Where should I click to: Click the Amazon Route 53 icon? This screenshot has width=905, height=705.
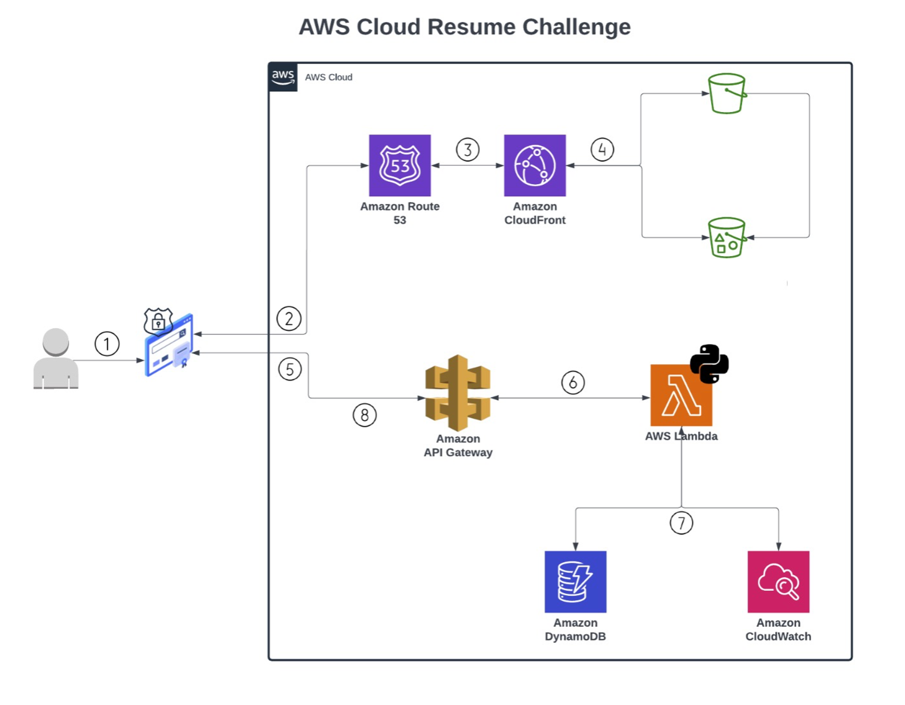point(400,165)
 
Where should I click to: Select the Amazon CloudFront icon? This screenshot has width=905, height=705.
point(534,165)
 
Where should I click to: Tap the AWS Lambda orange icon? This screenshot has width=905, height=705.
point(681,395)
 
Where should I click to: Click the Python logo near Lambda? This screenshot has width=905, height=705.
point(709,364)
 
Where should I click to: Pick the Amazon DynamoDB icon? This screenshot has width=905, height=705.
point(575,581)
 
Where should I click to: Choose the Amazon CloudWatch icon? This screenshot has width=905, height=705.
point(778,581)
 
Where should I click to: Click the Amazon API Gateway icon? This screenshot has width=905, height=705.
point(457,393)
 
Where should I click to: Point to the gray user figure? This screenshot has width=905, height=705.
point(56,359)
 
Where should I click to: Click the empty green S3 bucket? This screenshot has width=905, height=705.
point(727,94)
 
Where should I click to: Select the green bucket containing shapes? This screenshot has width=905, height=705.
point(727,238)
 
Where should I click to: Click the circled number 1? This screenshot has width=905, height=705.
point(107,344)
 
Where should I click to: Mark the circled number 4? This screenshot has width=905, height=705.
point(602,149)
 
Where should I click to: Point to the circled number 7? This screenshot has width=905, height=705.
point(681,523)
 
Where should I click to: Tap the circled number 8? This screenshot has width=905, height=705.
point(364,415)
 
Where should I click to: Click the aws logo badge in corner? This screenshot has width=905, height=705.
point(283,77)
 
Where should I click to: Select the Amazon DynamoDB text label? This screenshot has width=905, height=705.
point(575,629)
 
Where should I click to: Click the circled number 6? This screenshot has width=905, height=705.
point(573,383)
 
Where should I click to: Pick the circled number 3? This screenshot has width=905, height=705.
point(467,149)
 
